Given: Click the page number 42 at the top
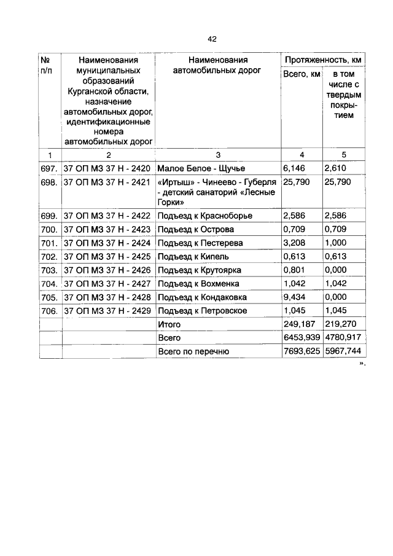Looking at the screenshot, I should (x=212, y=39).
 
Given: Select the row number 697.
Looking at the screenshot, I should (x=50, y=168).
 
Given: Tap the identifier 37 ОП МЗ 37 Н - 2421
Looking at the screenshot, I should (x=107, y=182).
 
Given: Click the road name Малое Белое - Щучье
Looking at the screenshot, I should (x=201, y=168).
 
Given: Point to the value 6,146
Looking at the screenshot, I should (x=294, y=168).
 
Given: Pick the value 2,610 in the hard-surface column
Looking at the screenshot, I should (x=337, y=168).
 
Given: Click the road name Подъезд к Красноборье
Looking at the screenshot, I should (x=204, y=216).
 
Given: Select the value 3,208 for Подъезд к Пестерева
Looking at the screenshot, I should (x=294, y=243).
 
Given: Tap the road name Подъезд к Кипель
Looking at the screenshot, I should (x=193, y=257).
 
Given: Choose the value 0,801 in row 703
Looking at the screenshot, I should (x=294, y=270).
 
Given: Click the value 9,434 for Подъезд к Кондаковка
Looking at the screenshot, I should (x=294, y=297).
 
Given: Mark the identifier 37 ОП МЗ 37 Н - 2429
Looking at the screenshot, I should (x=107, y=311).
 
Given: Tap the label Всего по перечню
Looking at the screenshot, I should (x=193, y=351).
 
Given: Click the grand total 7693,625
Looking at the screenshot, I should (x=301, y=351).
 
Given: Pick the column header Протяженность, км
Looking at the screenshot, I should (x=322, y=60).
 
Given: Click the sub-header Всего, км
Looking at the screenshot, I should (x=301, y=75).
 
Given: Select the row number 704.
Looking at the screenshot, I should (x=50, y=284).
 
